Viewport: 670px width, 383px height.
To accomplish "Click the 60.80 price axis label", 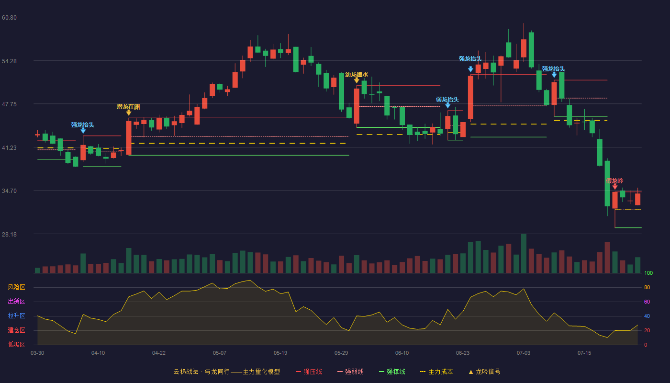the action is pos(9,17).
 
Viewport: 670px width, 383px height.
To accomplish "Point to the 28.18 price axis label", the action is pos(9,234).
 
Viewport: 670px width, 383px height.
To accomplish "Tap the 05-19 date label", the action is pos(280,353).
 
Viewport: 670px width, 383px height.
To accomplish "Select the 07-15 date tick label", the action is pos(584,353).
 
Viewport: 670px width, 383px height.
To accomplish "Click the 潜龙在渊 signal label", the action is pos(128,107).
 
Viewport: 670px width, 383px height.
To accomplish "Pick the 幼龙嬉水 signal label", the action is pos(356,75).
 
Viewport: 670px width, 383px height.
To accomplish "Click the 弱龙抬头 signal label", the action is pos(447,100).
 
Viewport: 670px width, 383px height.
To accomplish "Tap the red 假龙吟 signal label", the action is pos(614,181).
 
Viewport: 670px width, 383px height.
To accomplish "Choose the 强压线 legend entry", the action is pos(309,372).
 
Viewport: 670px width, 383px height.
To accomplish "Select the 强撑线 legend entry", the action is pos(392,372).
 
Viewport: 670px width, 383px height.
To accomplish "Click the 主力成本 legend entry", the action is pos(436,372).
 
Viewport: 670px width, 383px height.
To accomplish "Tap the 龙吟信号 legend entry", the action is pos(484,372).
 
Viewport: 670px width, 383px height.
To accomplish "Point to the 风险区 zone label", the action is pos(16,287).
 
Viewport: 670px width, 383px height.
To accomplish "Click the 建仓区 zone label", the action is pos(16,330).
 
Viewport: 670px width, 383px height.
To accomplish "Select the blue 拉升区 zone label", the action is pos(16,315).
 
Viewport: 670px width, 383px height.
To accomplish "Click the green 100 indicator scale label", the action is pos(648,273).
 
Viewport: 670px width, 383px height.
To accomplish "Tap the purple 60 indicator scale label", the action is pos(647,302).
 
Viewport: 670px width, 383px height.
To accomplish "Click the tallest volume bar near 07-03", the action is pos(524,253).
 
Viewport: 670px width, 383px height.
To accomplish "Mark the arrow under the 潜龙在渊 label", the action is pos(129,113).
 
